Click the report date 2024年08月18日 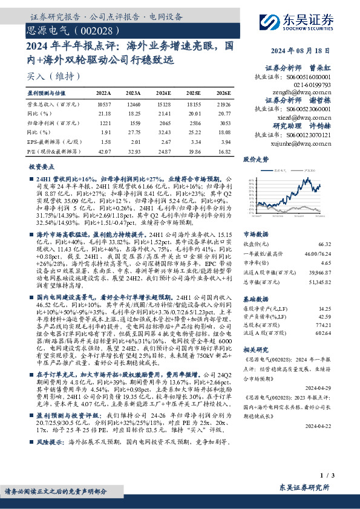(x=316, y=51)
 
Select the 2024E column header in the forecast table (x=163, y=93)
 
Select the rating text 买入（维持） (x=54, y=76)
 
